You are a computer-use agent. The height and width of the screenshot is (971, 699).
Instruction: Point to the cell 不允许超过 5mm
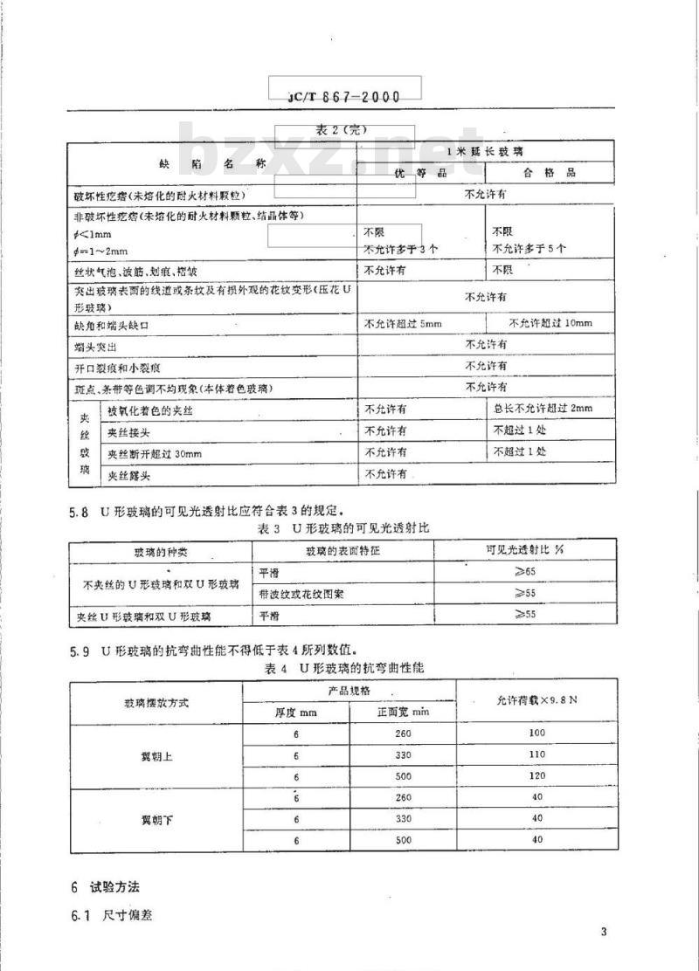403,324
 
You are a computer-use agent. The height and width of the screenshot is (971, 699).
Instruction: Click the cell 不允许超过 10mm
550,324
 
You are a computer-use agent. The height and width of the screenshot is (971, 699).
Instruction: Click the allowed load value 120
536,776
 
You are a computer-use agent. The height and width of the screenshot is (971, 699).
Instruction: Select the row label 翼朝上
157,756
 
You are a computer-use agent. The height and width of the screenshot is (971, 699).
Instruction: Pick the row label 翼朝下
157,820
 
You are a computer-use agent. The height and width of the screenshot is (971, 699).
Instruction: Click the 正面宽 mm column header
403,713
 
